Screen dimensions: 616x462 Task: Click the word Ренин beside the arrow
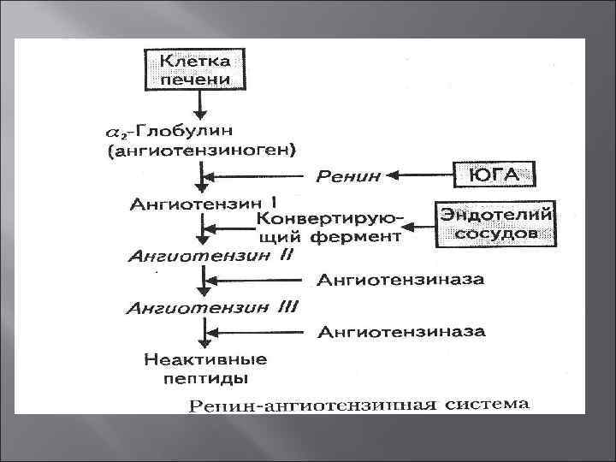[x=349, y=178]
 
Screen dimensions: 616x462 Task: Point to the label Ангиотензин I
[x=201, y=204]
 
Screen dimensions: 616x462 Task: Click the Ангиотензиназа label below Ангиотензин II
[x=400, y=279]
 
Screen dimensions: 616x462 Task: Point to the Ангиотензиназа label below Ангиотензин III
[x=400, y=331]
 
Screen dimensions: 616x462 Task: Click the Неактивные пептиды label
[x=203, y=367]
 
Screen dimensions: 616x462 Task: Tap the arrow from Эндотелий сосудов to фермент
[x=419, y=228]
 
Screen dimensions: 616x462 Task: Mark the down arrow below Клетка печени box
[x=201, y=104]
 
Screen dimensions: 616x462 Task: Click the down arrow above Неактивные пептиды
[x=202, y=332]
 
